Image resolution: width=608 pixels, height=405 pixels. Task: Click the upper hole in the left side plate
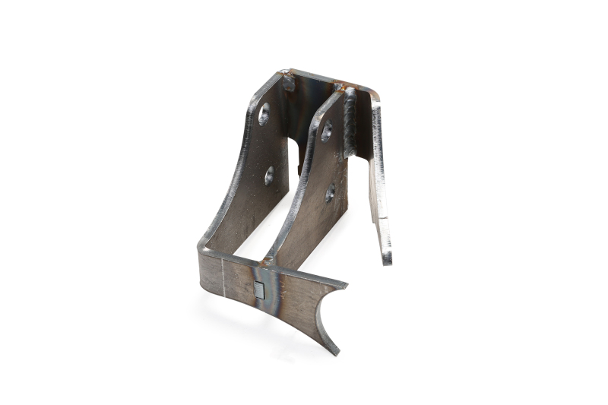tap(264, 115)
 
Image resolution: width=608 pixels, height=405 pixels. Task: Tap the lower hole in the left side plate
tap(269, 176)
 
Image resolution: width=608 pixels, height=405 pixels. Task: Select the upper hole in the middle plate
tap(326, 131)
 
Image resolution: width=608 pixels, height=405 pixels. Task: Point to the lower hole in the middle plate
tap(331, 193)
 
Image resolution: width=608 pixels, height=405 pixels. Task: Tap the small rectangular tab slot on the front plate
tap(259, 290)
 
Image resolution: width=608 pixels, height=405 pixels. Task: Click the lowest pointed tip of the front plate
tap(335, 352)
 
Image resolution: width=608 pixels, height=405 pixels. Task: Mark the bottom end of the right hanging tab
tap(387, 259)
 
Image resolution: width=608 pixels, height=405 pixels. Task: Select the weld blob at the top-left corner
tap(288, 79)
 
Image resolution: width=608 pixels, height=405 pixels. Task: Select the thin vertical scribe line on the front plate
tap(221, 276)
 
